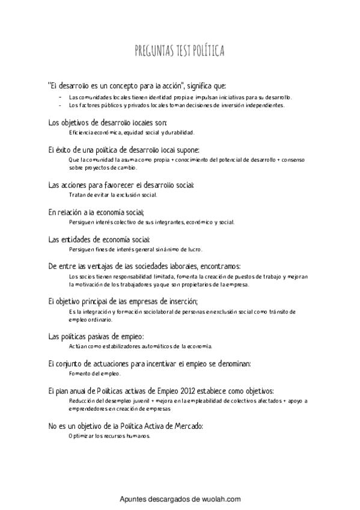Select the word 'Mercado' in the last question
[x=188, y=426]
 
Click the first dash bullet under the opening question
[x=59, y=97]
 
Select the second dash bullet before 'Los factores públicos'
[x=59, y=105]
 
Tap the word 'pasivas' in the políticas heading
[x=93, y=337]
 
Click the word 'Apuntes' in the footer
[x=134, y=499]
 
